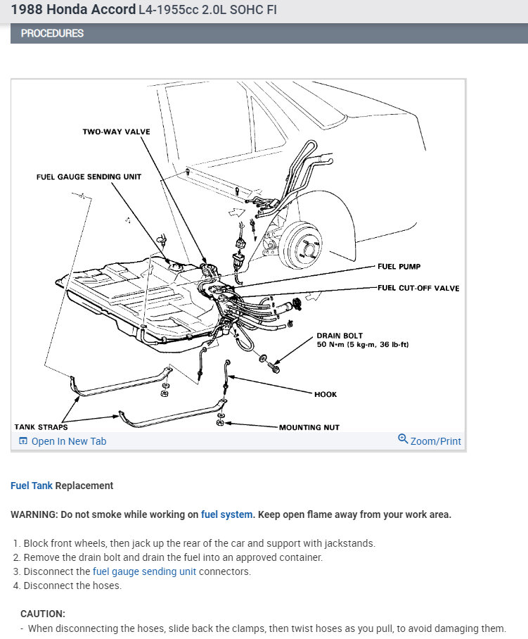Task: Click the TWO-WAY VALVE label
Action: coord(116,132)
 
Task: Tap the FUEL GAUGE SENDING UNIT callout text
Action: coord(89,177)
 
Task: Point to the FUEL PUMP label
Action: coord(399,267)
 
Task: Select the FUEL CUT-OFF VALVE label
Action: coord(418,289)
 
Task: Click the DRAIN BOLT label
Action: coord(340,336)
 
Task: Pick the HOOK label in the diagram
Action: coord(326,394)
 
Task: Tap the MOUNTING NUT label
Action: coord(309,427)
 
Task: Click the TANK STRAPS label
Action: coord(41,427)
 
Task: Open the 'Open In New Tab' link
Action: coord(69,441)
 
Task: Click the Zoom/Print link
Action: coord(435,441)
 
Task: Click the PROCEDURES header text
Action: coord(52,33)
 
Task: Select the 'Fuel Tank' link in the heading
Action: coord(32,486)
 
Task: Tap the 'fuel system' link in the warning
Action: coord(226,514)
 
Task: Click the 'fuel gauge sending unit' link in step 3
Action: coord(144,571)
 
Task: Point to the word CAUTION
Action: coord(43,614)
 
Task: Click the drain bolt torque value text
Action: coord(362,345)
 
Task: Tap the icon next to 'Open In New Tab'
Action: coord(23,441)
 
